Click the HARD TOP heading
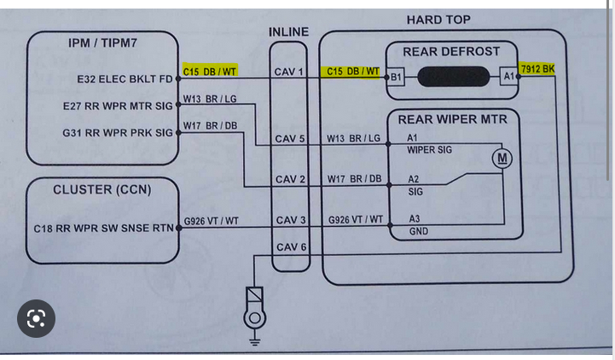pyautogui.click(x=438, y=20)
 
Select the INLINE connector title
pyautogui.click(x=288, y=32)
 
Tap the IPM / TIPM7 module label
pyautogui.click(x=102, y=42)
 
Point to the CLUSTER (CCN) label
pyautogui.click(x=102, y=189)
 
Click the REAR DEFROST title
pyautogui.click(x=451, y=51)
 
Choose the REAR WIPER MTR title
pyautogui.click(x=452, y=119)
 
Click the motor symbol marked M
pyautogui.click(x=502, y=158)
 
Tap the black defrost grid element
pyautogui.click(x=452, y=77)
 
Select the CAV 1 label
pyautogui.click(x=289, y=72)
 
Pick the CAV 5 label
pyautogui.click(x=289, y=138)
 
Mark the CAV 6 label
pyautogui.click(x=289, y=247)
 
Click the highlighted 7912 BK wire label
pyautogui.click(x=537, y=68)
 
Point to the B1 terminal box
pyautogui.click(x=396, y=77)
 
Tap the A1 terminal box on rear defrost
pyautogui.click(x=509, y=77)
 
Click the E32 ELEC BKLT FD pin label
pyautogui.click(x=125, y=79)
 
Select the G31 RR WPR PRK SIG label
pyautogui.click(x=117, y=133)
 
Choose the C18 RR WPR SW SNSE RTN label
pyautogui.click(x=103, y=229)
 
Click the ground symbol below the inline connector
pyautogui.click(x=254, y=321)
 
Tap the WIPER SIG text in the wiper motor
pyautogui.click(x=429, y=150)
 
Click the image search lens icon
pyautogui.click(x=36, y=319)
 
